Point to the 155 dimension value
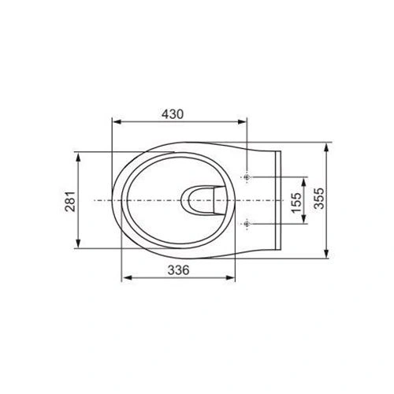[292, 201]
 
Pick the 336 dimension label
[179, 269]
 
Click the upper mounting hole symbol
[247, 177]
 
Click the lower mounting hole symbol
[247, 225]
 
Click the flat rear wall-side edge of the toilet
[280, 201]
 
